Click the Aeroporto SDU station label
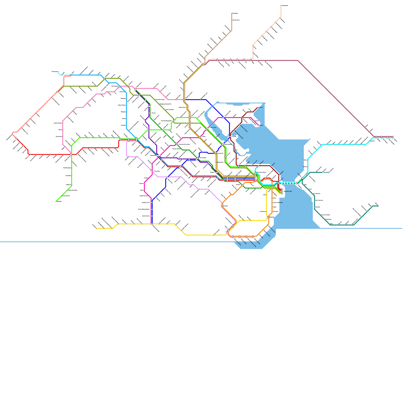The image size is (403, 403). click(x=288, y=191)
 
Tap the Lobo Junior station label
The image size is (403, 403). click(x=213, y=128)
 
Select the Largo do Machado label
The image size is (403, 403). click(x=278, y=203)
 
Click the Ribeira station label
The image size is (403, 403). click(x=261, y=125)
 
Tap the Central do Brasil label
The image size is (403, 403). click(x=261, y=172)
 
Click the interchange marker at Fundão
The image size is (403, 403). click(x=230, y=137)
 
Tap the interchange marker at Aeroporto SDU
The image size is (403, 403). click(x=282, y=191)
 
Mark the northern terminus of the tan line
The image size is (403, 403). click(x=232, y=14)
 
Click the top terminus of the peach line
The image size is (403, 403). click(x=281, y=6)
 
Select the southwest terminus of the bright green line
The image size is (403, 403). click(x=56, y=201)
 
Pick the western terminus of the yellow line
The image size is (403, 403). click(x=96, y=228)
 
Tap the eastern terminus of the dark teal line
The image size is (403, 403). click(x=378, y=206)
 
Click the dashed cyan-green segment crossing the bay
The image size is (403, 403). click(x=287, y=183)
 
